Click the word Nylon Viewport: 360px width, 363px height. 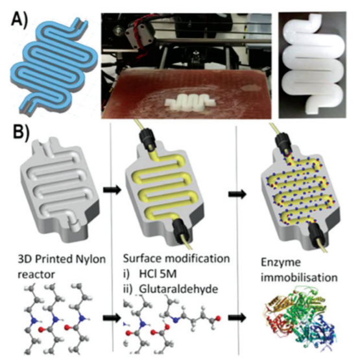pyautogui.click(x=90, y=260)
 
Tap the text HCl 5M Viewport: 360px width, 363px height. pyautogui.click(x=158, y=274)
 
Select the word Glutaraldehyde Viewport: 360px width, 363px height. pyautogui.click(x=178, y=289)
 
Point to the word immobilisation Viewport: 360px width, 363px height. pyautogui.click(x=299, y=277)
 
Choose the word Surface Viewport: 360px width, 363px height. pyautogui.click(x=142, y=258)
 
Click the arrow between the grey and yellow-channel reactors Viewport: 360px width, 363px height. pyautogui.click(x=112, y=190)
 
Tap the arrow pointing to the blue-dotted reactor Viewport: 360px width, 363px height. pyautogui.click(x=237, y=194)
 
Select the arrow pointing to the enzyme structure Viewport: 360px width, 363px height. pyautogui.click(x=237, y=318)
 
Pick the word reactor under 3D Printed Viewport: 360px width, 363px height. pyautogui.click(x=36, y=275)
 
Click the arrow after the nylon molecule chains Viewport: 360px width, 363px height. pyautogui.click(x=112, y=318)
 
